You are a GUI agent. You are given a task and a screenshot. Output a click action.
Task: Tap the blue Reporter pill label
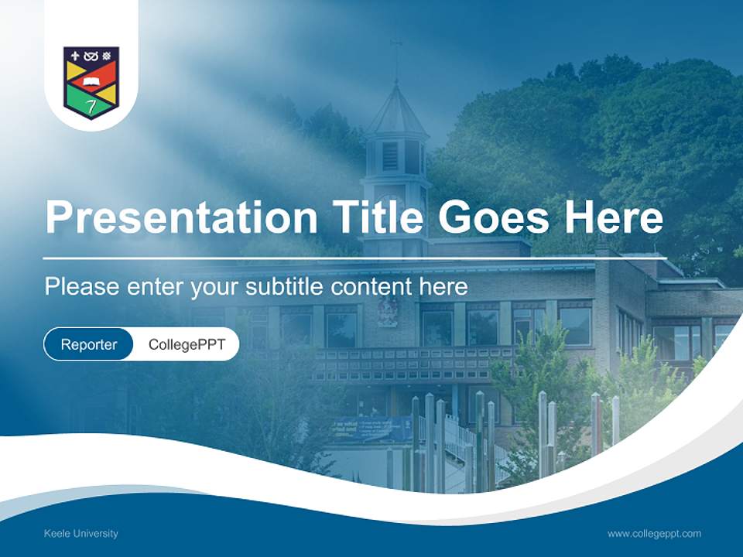pyautogui.click(x=89, y=344)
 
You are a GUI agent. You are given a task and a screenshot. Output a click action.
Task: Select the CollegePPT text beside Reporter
pyautogui.click(x=187, y=344)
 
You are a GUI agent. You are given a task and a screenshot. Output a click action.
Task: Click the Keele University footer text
pyautogui.click(x=81, y=534)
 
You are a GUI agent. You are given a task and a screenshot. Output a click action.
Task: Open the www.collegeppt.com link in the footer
pyautogui.click(x=654, y=534)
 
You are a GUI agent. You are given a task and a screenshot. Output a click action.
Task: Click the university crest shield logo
pyautogui.click(x=91, y=82)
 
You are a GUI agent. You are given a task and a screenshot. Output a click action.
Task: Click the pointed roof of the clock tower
pyautogui.click(x=397, y=108)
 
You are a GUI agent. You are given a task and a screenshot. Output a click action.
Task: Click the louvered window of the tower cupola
pyautogui.click(x=390, y=155)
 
